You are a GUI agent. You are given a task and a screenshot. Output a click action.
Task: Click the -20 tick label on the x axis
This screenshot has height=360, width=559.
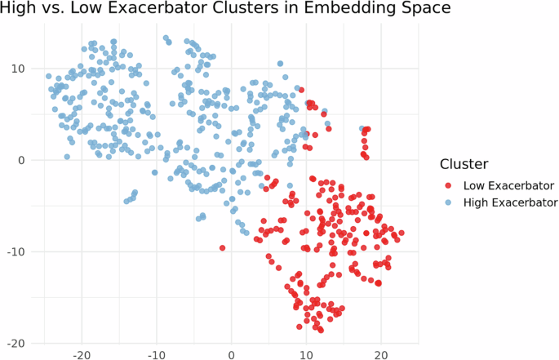[81, 356]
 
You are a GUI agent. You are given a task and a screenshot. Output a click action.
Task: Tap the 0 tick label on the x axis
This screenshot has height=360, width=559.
[231, 356]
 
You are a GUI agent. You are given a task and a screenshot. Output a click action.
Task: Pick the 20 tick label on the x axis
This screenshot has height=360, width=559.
[381, 356]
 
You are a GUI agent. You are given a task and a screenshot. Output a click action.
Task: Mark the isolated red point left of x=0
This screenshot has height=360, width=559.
[222, 247]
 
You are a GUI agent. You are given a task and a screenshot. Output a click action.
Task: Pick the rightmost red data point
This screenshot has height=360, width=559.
[402, 233]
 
